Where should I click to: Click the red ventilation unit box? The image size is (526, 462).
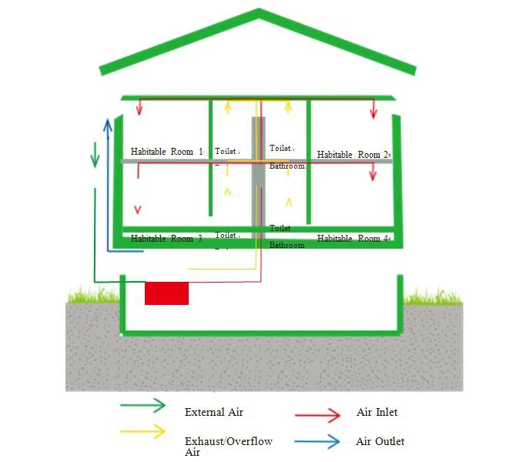tap(166, 293)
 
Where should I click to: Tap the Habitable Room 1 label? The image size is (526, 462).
tap(167, 152)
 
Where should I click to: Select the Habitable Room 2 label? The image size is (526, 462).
tap(353, 155)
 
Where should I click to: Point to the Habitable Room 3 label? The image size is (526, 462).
tap(166, 239)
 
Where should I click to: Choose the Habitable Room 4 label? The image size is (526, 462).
tap(353, 239)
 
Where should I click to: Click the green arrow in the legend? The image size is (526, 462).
tap(142, 405)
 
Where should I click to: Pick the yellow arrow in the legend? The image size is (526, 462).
tap(142, 431)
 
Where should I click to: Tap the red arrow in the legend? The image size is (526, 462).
tap(317, 415)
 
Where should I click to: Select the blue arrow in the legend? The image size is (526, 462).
tap(317, 441)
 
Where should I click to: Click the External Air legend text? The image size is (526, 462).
tap(214, 412)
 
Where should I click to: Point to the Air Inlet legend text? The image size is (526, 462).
tap(377, 412)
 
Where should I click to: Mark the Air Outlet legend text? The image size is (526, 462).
tap(380, 441)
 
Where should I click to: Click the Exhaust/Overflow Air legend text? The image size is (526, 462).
tap(229, 447)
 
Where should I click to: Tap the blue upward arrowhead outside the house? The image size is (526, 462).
tap(108, 125)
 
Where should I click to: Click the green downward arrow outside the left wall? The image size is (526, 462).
tap(95, 155)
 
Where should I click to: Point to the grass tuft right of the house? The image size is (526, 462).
tap(433, 295)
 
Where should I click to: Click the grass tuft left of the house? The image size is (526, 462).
tap(93, 294)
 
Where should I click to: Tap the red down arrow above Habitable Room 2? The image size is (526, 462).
tap(374, 109)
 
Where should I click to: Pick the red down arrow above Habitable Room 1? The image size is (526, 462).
tap(139, 107)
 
